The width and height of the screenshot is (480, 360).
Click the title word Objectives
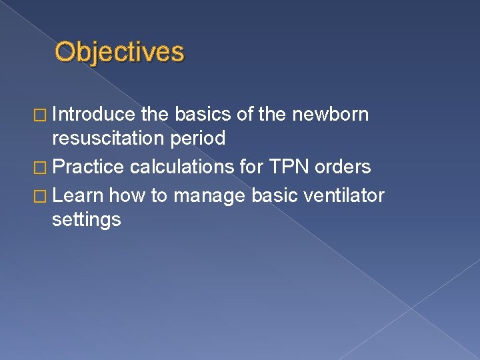(119, 52)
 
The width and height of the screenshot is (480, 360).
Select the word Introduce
(93, 115)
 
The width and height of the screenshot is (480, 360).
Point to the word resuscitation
(111, 139)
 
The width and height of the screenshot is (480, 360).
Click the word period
(199, 139)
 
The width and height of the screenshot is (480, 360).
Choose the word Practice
(88, 167)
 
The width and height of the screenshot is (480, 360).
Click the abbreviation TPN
(285, 167)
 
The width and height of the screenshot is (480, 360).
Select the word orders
(344, 167)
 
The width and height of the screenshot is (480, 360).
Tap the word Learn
(78, 195)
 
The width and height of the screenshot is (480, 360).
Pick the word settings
(86, 219)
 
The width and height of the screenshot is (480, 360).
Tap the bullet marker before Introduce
(42, 115)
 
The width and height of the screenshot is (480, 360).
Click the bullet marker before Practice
(42, 167)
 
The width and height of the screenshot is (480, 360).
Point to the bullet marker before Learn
(42, 196)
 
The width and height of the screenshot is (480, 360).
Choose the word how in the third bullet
(123, 195)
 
